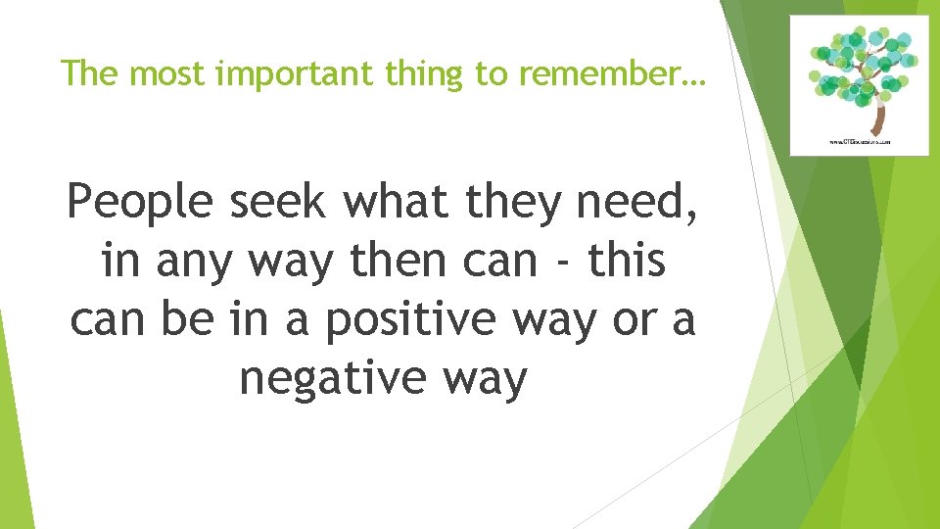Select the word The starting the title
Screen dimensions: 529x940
coord(84,72)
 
